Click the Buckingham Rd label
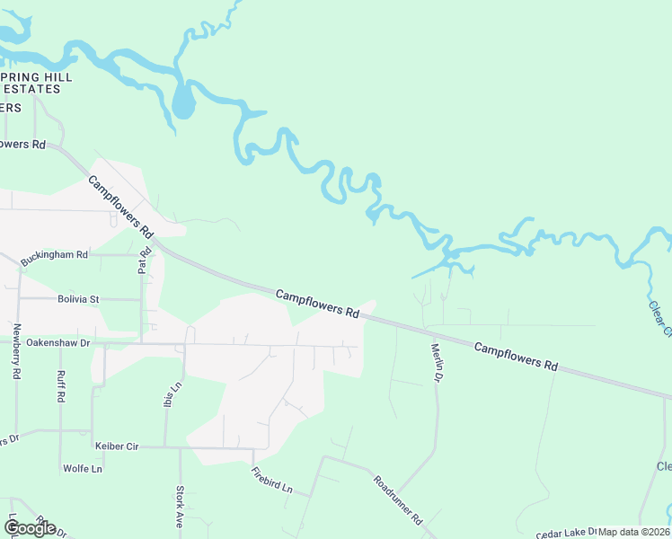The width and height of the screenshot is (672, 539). [x=54, y=255]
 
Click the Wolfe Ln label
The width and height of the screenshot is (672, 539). [x=83, y=469]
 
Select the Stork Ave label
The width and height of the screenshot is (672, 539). [x=180, y=507]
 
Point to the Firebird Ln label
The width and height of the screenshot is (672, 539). [x=272, y=481]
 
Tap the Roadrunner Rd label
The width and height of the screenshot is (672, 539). [x=398, y=500]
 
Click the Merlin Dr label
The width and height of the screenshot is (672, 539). [x=437, y=363]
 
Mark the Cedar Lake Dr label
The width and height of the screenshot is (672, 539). [x=566, y=533]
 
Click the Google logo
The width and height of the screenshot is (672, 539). [x=30, y=528]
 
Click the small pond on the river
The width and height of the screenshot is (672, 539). [x=182, y=102]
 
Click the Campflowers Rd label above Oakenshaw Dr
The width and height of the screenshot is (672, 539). [x=317, y=303]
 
